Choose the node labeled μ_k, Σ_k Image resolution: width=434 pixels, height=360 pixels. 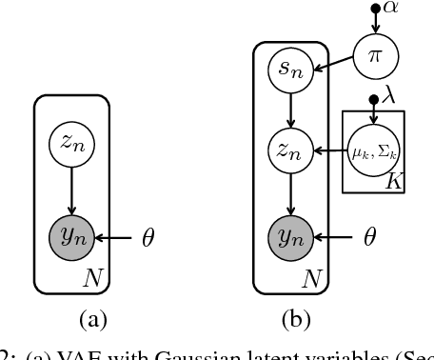pos(373,152)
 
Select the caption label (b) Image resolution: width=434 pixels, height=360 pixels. pos(289,319)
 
